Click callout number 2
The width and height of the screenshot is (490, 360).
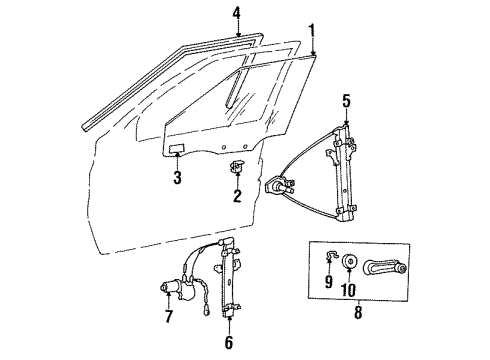click(x=237, y=196)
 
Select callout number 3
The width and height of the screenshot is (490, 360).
click(x=176, y=179)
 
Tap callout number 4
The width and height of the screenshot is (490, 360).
click(x=237, y=13)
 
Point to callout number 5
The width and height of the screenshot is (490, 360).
click(x=346, y=100)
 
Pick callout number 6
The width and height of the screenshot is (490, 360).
click(x=230, y=345)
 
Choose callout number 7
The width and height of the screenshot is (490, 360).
click(x=167, y=318)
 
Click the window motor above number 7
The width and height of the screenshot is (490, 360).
click(x=173, y=287)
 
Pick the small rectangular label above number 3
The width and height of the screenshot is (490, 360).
click(x=175, y=151)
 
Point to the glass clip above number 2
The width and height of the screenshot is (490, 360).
click(x=237, y=166)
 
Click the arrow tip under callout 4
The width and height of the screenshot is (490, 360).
click(x=237, y=37)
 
